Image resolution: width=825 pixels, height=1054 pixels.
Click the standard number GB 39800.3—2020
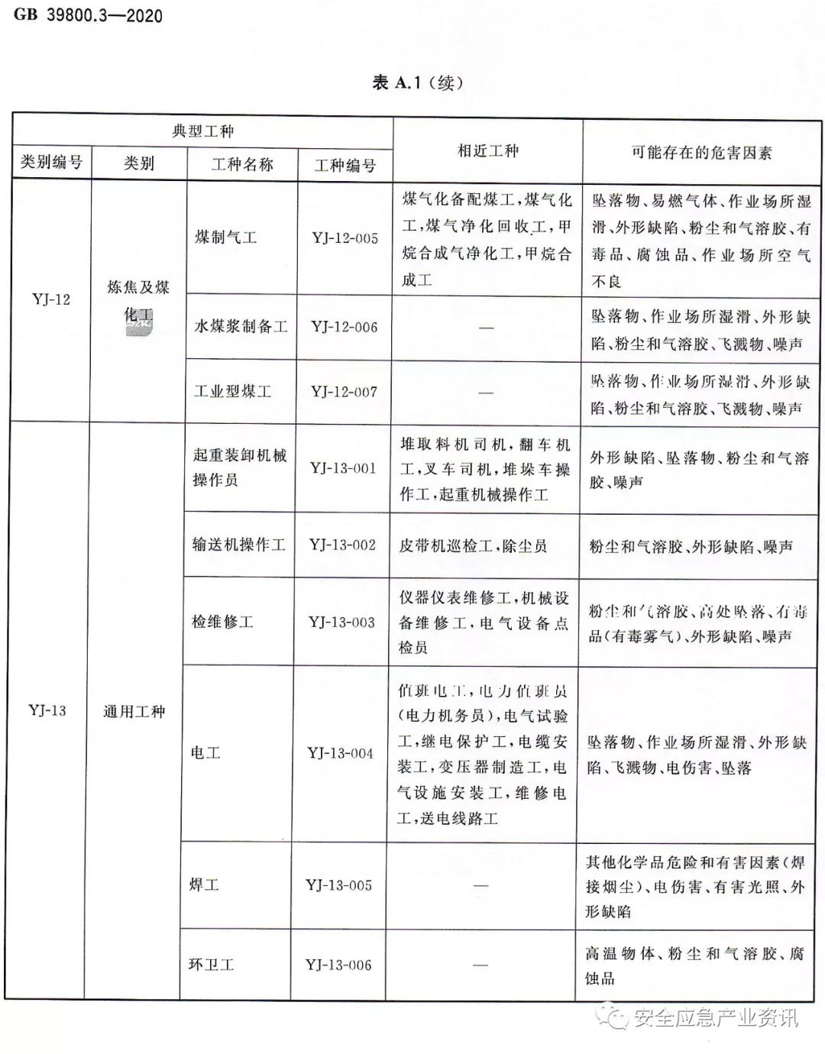[88, 15]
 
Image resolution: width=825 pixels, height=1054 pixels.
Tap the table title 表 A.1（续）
[417, 82]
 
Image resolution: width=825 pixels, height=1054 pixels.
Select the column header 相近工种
[487, 151]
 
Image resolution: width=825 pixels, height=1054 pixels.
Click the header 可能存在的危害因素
[700, 152]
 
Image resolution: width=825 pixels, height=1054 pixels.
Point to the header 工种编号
[345, 165]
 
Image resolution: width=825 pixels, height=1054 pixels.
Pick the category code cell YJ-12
[51, 299]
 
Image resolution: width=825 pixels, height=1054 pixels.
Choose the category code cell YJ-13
[47, 710]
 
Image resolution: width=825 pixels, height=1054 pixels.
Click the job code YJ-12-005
[345, 238]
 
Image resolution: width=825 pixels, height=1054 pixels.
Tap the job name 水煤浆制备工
[241, 327]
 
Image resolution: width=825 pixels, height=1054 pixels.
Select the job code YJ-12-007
[344, 392]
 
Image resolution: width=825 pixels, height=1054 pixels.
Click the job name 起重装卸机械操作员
[239, 467]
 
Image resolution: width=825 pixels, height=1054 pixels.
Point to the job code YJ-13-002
[342, 545]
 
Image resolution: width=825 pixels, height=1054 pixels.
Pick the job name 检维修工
[222, 622]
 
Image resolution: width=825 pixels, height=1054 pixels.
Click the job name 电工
[205, 753]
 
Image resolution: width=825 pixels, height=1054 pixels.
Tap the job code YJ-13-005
[339, 885]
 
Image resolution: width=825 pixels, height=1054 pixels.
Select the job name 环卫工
[211, 965]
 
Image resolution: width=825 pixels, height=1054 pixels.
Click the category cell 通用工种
[134, 712]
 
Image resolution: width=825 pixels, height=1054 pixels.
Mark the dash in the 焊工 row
[480, 885]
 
